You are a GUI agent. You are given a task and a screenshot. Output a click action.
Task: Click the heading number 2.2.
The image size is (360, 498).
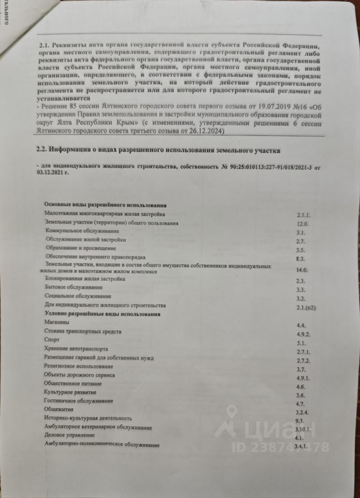pos(43,150)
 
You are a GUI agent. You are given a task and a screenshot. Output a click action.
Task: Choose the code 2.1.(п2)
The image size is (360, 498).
pos(306,307)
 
